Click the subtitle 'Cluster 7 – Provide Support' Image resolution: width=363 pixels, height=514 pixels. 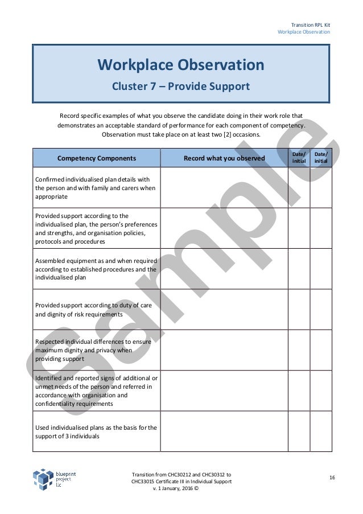tap(181, 87)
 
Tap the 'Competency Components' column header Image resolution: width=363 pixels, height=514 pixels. tap(97, 158)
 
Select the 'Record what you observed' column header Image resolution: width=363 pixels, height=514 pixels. tap(224, 158)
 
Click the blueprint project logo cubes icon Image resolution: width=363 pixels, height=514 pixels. tap(43, 480)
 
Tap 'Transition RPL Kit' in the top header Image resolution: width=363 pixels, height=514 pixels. tap(311, 24)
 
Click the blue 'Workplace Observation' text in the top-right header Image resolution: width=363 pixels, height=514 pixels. tap(303, 32)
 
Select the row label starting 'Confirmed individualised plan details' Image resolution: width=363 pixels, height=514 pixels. tap(91, 187)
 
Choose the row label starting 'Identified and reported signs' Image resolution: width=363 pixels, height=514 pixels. tap(96, 391)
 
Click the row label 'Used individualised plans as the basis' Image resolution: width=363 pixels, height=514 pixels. tap(96, 431)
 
